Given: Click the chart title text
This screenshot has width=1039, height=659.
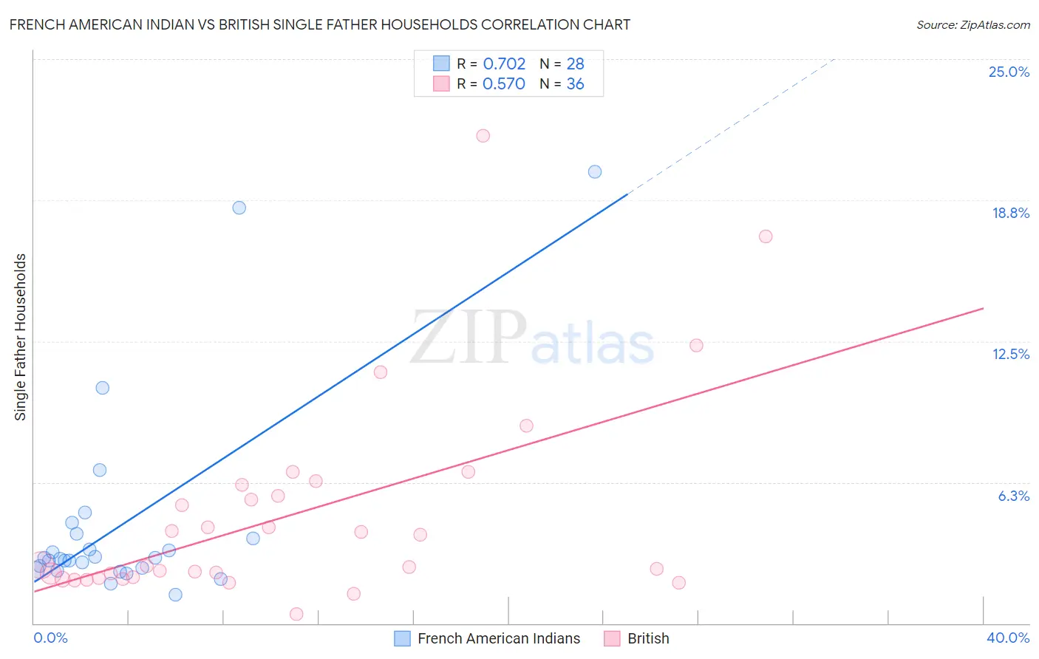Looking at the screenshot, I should [319, 24].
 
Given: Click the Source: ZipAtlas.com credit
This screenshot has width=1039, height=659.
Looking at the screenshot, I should [972, 24].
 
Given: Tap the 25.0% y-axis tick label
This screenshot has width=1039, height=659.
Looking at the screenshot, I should [1009, 72].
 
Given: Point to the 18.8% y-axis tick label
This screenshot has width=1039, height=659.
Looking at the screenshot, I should [1010, 213].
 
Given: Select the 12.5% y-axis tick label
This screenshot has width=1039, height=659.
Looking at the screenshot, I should [1010, 354].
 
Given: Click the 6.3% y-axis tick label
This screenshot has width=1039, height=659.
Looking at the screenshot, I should [1013, 496].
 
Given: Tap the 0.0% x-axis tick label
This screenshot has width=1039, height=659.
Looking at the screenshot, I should [50, 638].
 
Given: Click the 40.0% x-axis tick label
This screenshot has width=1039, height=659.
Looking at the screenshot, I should [1007, 638].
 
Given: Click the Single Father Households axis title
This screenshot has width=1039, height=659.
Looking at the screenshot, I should [20, 337].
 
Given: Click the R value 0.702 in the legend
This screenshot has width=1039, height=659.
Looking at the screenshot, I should [504, 64].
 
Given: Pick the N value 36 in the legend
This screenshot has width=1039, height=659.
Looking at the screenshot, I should [575, 84].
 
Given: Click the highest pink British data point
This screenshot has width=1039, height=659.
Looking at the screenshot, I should [483, 135].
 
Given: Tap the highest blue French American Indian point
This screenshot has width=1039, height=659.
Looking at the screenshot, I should [595, 171].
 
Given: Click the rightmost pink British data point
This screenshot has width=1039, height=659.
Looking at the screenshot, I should [766, 236].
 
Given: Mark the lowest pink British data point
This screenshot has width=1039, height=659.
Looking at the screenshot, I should [296, 614].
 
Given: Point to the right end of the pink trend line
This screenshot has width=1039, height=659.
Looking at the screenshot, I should [983, 308].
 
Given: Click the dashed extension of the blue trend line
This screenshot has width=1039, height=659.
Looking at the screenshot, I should [732, 126].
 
